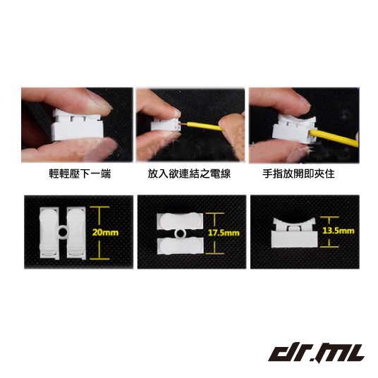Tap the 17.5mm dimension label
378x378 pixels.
[224, 233]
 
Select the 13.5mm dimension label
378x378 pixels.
[339, 231]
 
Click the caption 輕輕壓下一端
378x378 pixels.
[80, 173]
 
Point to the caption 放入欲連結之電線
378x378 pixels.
[189, 173]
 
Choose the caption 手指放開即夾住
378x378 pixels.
[299, 173]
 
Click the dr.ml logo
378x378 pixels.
[316, 353]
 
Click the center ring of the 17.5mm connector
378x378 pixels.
[180, 233]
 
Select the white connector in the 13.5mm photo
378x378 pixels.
[293, 233]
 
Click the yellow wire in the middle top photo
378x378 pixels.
[205, 126]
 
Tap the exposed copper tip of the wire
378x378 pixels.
[182, 124]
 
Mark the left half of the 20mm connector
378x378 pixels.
[49, 233]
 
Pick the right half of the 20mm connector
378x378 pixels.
[76, 233]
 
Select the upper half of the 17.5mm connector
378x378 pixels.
[180, 221]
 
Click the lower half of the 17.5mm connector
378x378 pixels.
[180, 246]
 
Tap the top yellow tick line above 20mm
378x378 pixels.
[99, 207]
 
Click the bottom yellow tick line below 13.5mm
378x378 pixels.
[329, 247]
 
